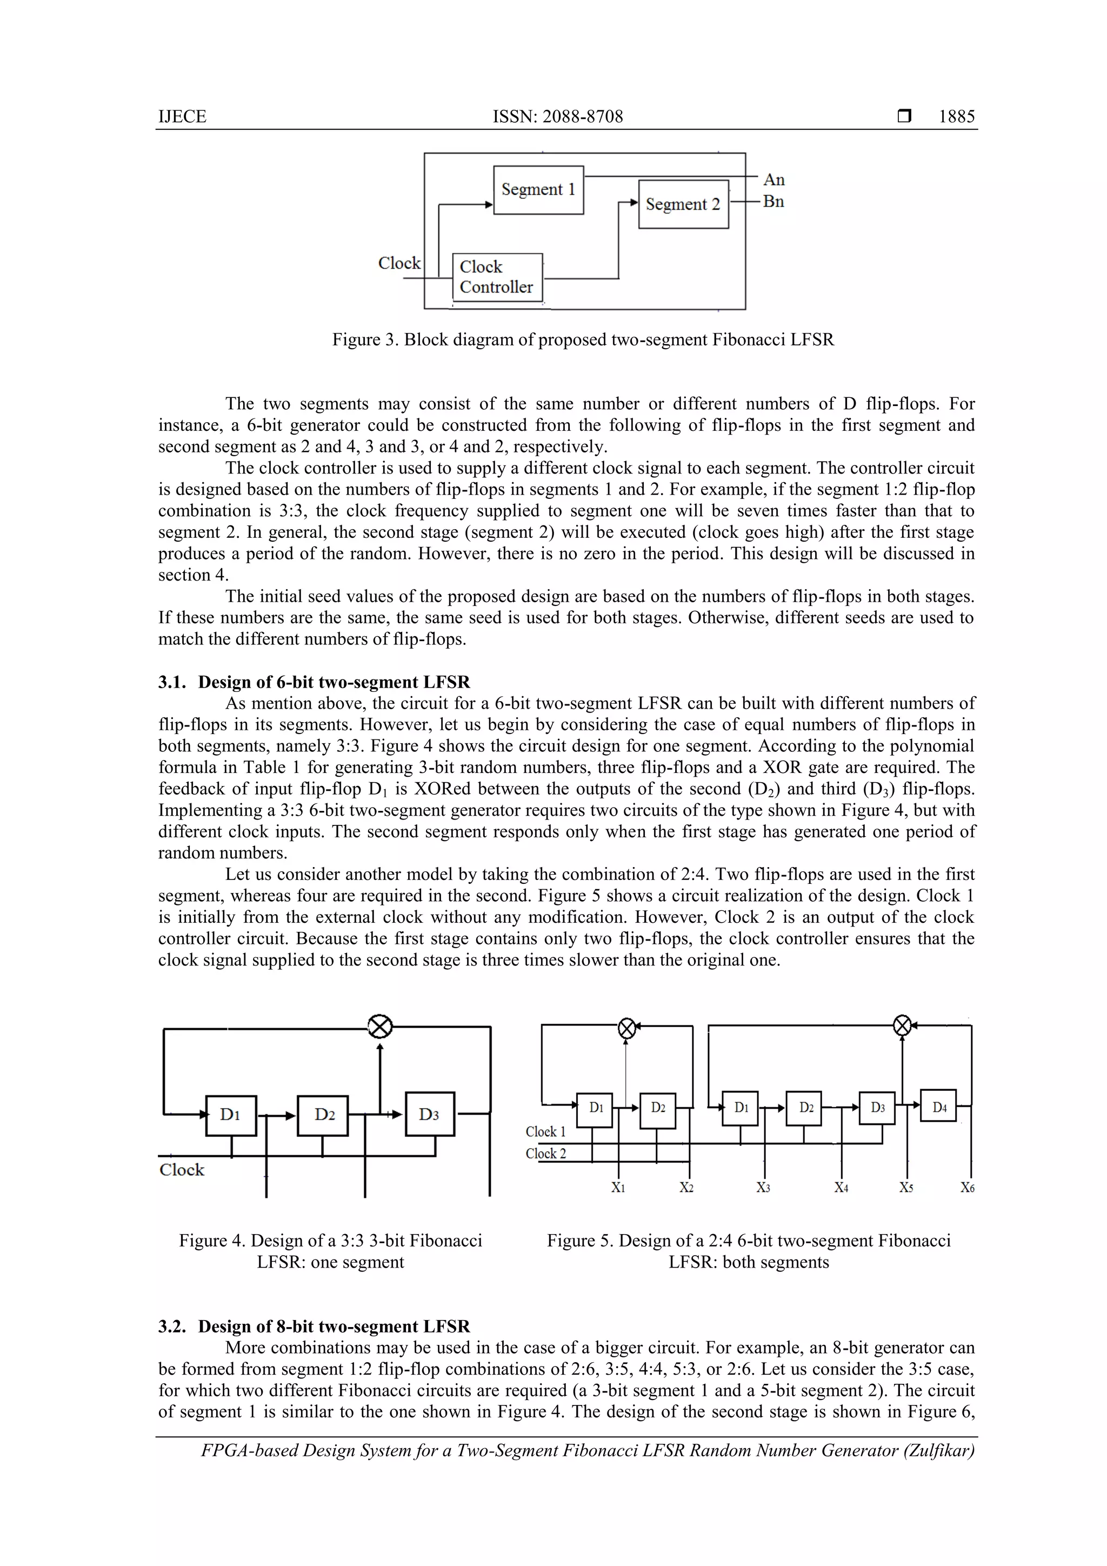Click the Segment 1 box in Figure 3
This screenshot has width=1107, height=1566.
click(538, 190)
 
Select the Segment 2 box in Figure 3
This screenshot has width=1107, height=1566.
click(683, 204)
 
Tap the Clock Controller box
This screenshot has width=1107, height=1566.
click(497, 277)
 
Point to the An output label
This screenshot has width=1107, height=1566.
click(773, 179)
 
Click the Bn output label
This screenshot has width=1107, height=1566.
click(773, 201)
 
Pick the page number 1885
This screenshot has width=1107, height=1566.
click(956, 117)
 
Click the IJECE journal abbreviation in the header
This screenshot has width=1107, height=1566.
click(182, 117)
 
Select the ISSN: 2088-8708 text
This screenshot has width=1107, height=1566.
click(557, 117)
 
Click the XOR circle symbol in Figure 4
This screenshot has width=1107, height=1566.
click(380, 1026)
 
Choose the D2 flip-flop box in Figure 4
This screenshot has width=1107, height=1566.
click(323, 1115)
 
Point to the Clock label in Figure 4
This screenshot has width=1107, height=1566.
click(182, 1170)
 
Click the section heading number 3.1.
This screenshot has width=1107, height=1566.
click(172, 682)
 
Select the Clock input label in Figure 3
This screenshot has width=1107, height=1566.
click(399, 263)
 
